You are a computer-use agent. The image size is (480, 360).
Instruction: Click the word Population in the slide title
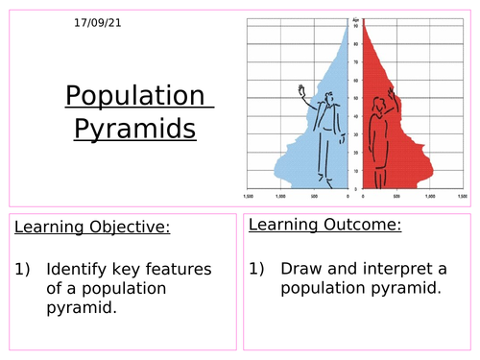[x=135, y=97]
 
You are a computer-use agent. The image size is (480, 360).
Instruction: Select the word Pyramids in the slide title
[x=134, y=128]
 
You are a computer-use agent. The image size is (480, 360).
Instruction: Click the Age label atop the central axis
[x=354, y=18]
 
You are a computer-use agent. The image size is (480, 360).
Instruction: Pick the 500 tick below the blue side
[x=314, y=195]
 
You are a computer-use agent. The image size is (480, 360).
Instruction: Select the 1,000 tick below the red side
[x=429, y=195]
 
